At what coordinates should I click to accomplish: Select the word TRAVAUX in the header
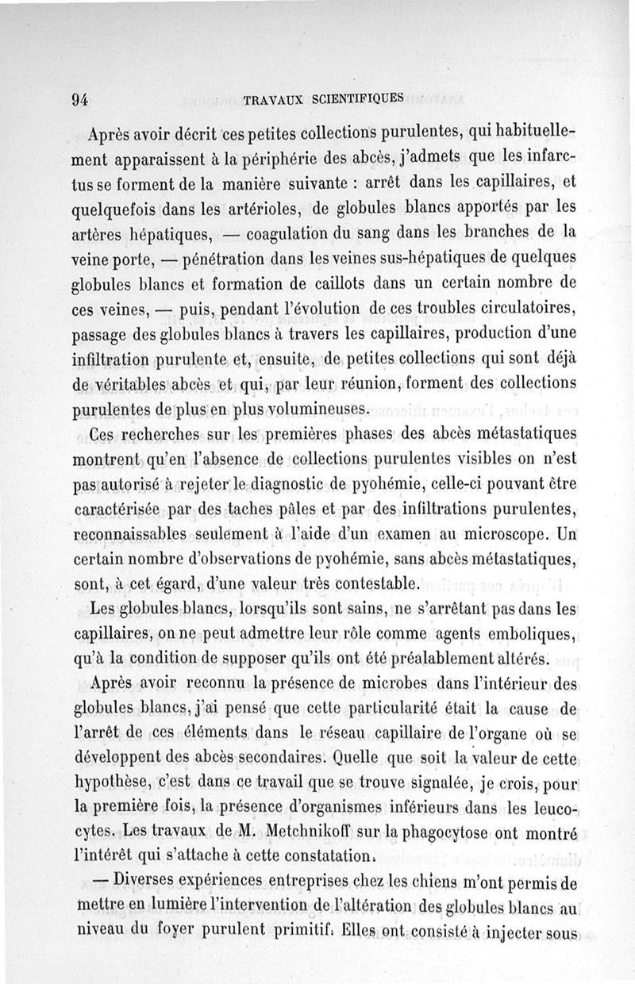point(275,100)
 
